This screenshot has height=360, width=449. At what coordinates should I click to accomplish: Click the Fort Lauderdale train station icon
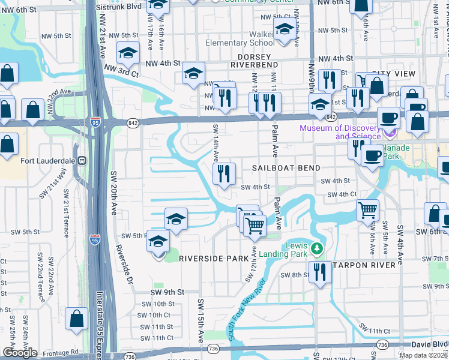coord(82,161)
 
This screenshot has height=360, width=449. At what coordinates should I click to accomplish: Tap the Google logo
coord(20,353)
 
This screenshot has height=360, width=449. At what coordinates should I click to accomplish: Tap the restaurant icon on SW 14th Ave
coord(224,175)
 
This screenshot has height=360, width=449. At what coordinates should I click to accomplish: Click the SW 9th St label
coord(166,292)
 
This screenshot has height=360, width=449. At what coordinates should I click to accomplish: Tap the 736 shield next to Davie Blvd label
coord(382,344)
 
